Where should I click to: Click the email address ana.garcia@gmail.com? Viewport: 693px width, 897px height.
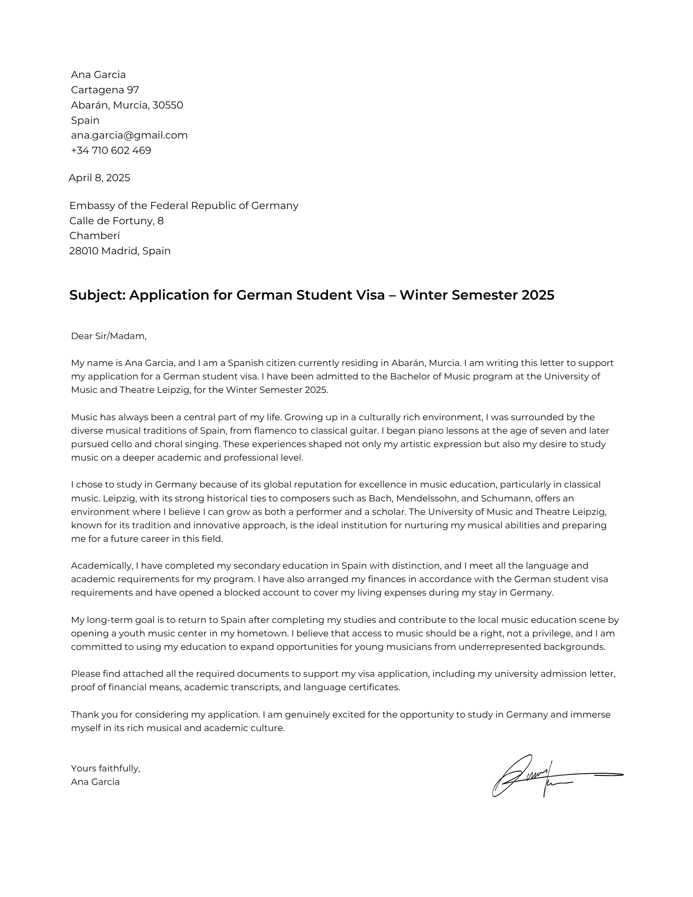click(129, 135)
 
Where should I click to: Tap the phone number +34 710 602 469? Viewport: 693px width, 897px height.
click(111, 151)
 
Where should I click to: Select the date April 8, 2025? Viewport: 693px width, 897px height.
click(99, 178)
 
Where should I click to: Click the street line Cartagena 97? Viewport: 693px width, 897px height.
click(105, 90)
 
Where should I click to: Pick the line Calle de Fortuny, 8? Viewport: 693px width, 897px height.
click(116, 221)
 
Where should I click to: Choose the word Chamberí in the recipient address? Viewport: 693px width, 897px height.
click(95, 236)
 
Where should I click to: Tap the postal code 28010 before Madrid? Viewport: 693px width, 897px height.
click(83, 251)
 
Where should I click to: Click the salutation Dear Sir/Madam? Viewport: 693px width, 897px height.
click(109, 336)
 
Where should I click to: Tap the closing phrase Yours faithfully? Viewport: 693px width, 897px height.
click(105, 769)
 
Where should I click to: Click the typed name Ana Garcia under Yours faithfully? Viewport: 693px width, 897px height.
click(95, 782)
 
